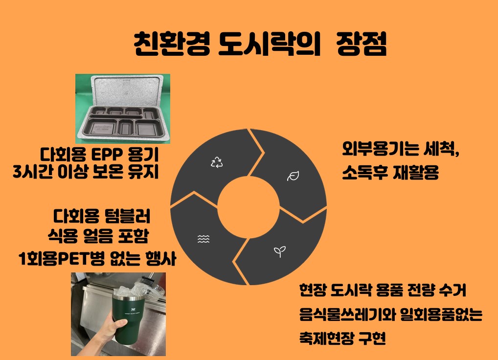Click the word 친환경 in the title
click(172, 44)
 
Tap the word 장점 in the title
click(362, 44)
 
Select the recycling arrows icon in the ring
click(217, 162)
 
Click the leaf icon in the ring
click(293, 176)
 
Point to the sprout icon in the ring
click(279, 252)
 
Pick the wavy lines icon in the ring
click(204, 239)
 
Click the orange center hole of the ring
click(249, 207)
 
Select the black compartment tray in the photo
click(124, 122)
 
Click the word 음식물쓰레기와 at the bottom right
click(347, 315)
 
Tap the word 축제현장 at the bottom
click(326, 338)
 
